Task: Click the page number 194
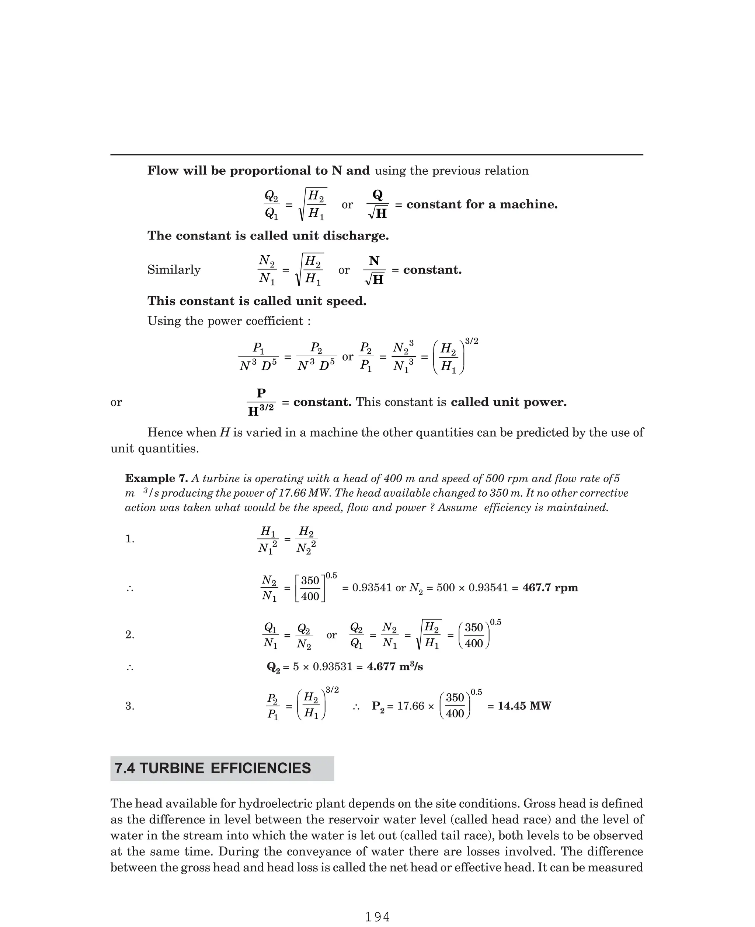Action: coord(377,917)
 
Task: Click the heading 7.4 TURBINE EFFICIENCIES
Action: coord(213,768)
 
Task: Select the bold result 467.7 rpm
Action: coord(550,588)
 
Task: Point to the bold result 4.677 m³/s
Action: coord(394,667)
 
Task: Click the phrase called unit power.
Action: coord(508,402)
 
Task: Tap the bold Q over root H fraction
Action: coord(377,204)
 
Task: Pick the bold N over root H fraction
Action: coord(374,270)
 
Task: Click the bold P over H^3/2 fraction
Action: coord(261,402)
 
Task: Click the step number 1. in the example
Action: coord(130,539)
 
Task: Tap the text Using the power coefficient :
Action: coord(229,321)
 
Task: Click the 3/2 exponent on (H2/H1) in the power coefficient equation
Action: coord(472,341)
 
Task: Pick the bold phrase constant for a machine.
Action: coord(481,204)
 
